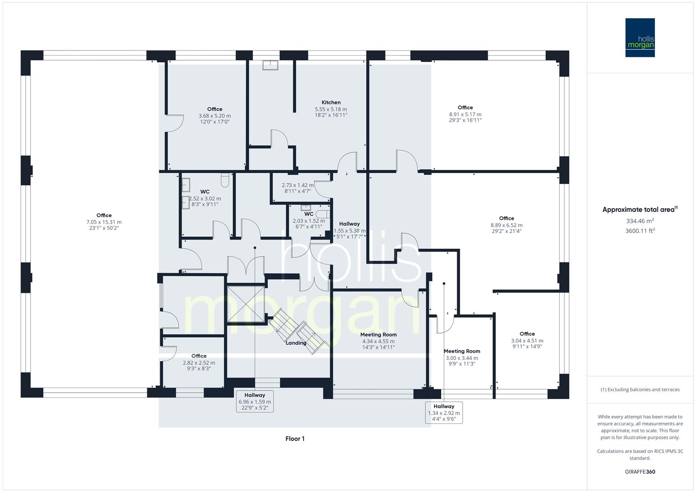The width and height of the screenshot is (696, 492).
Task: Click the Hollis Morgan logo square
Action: pyautogui.click(x=639, y=37)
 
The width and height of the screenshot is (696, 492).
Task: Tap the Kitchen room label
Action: pyautogui.click(x=331, y=102)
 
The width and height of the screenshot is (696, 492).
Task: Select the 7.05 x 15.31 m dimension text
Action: pyautogui.click(x=104, y=222)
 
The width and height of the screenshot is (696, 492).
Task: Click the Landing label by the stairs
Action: pyautogui.click(x=296, y=343)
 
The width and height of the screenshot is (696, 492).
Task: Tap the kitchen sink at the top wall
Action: pyautogui.click(x=271, y=65)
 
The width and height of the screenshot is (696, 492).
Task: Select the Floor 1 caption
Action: pyautogui.click(x=294, y=439)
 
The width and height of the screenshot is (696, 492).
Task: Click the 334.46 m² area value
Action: pyautogui.click(x=640, y=221)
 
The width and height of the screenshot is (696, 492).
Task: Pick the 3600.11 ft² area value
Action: pyautogui.click(x=640, y=231)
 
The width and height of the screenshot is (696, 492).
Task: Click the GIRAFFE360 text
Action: pyautogui.click(x=640, y=472)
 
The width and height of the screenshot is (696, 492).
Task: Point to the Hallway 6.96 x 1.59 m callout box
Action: pyautogui.click(x=255, y=401)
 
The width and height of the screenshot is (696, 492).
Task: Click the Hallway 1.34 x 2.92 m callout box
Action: pyautogui.click(x=443, y=412)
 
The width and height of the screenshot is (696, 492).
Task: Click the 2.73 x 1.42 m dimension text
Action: pyautogui.click(x=297, y=185)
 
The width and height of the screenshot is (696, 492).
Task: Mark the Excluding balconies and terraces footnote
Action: pyautogui.click(x=640, y=389)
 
